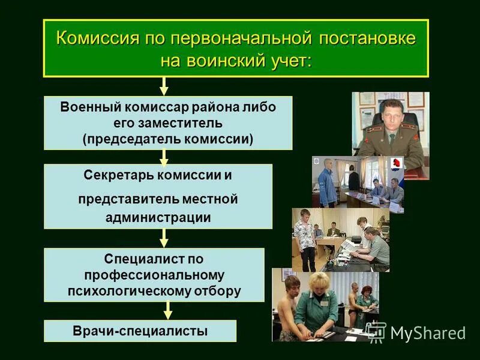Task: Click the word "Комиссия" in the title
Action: point(98,38)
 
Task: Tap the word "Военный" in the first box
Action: point(92,107)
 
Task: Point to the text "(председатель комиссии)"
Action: point(168,138)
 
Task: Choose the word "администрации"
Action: point(158,217)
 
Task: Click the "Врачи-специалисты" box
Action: point(140,331)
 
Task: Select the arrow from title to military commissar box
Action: point(164,86)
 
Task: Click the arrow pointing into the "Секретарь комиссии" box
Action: point(164,157)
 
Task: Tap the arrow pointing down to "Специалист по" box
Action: point(164,238)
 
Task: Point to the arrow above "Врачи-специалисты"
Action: point(168,310)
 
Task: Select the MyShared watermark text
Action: point(427,333)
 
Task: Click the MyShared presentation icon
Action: point(377,331)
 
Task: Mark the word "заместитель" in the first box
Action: point(168,123)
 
